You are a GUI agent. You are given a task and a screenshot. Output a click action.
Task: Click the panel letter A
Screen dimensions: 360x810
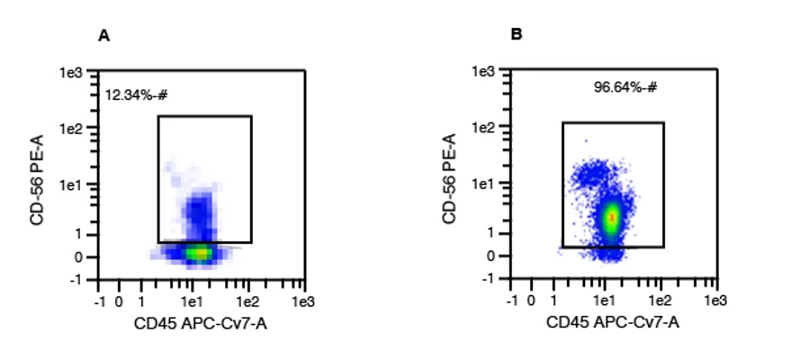[103, 35]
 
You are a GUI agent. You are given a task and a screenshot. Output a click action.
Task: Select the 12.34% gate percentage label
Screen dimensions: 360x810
[137, 94]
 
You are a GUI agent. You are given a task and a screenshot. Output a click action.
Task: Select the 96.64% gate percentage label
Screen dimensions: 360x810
[625, 87]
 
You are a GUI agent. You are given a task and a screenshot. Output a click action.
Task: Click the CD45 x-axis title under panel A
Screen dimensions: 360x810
[201, 322]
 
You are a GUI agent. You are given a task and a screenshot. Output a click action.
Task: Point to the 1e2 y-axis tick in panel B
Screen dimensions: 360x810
[484, 128]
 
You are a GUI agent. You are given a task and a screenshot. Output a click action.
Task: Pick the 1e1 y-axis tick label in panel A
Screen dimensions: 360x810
[74, 184]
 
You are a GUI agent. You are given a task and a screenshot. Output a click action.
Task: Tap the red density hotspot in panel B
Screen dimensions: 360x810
[612, 217]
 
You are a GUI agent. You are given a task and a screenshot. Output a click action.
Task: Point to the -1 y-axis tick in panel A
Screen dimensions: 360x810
[77, 280]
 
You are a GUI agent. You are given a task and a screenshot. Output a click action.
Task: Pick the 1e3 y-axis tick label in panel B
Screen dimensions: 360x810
[484, 71]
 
